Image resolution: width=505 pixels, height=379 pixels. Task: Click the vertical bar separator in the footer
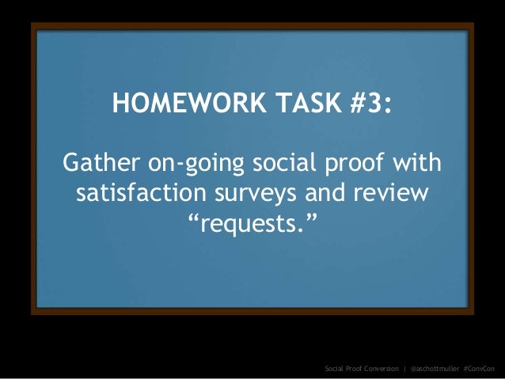tap(405, 369)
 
